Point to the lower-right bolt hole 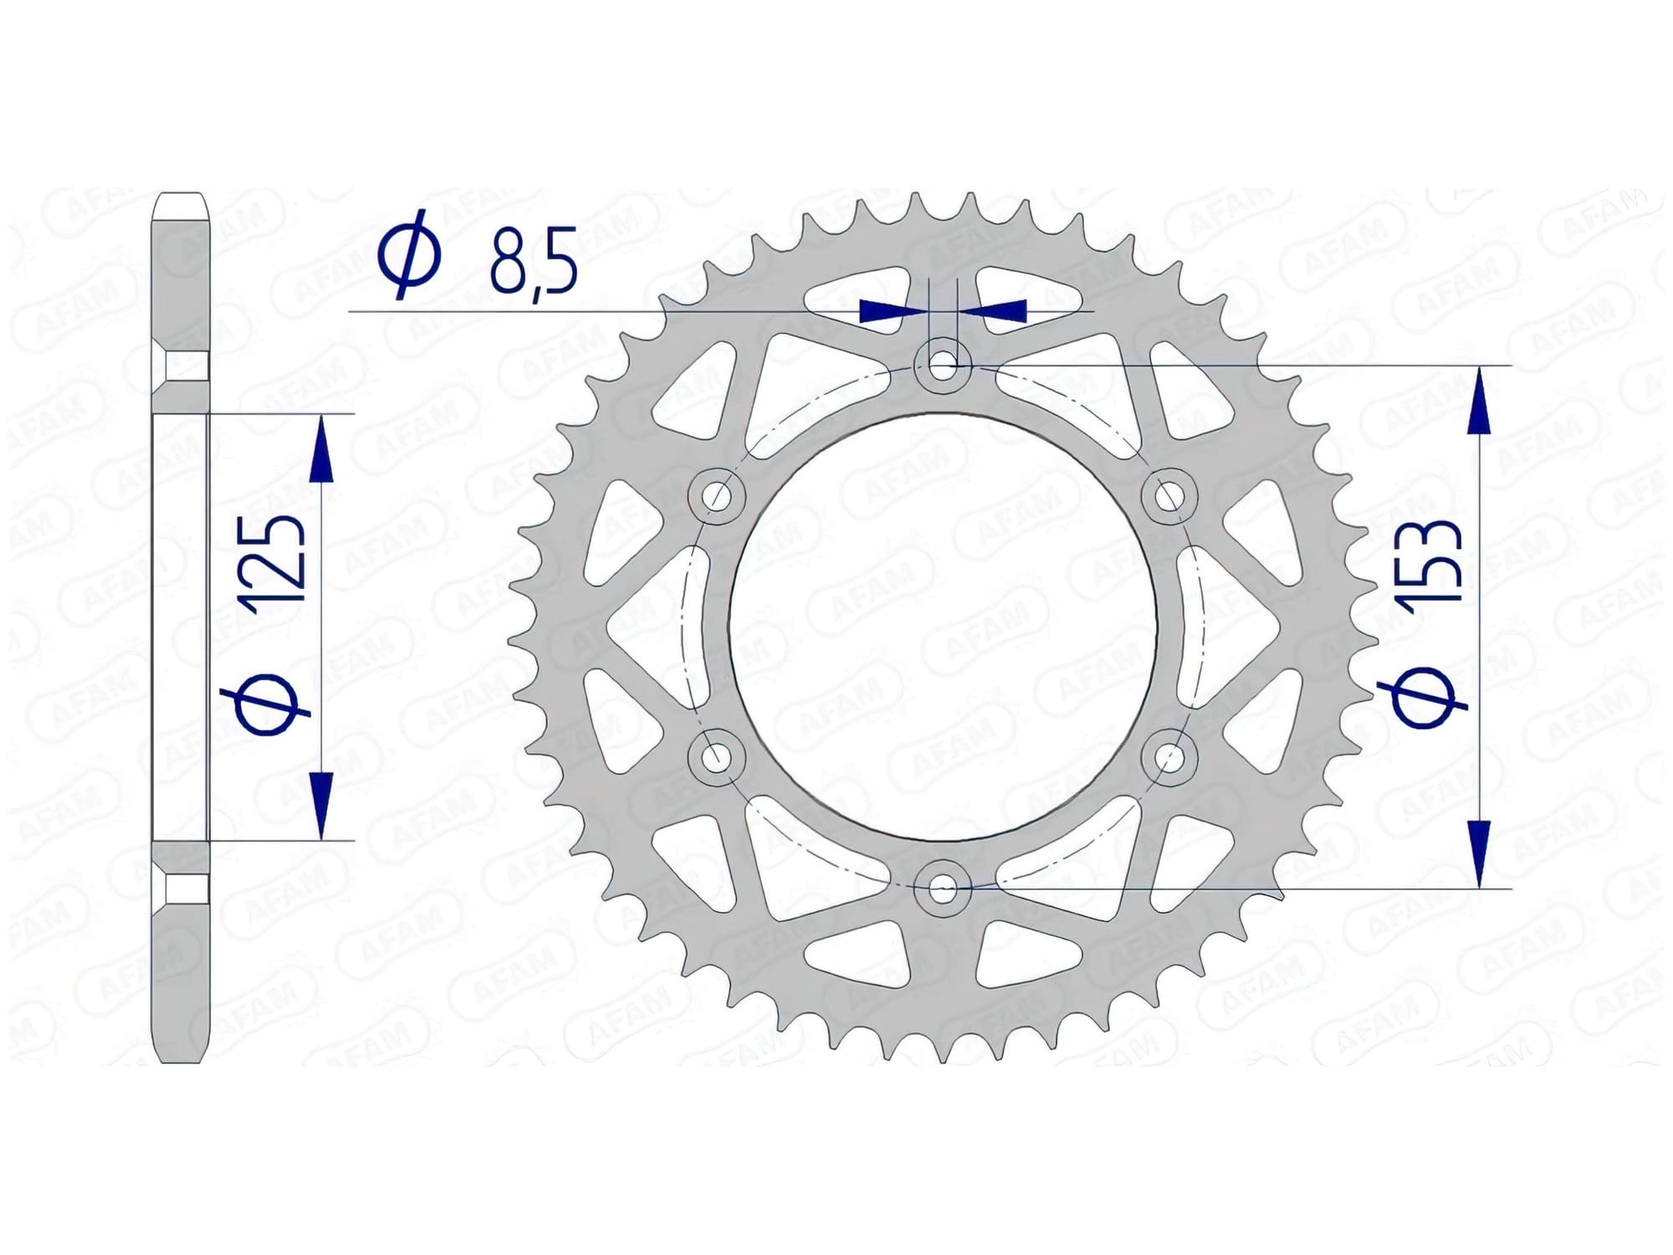[x=1169, y=757]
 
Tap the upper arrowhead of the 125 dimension [x=320, y=452]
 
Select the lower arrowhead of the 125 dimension [x=320, y=802]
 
